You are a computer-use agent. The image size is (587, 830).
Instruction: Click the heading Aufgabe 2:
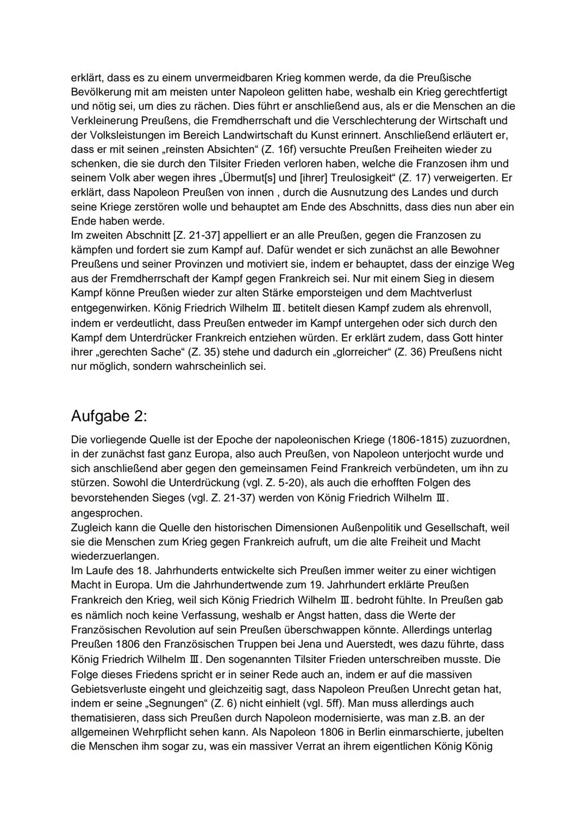click(109, 416)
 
